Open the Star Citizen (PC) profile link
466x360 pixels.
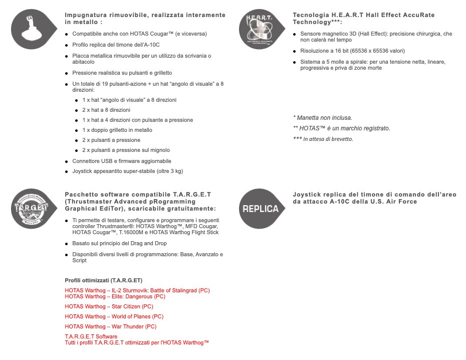109,306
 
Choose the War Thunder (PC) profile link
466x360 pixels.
110,326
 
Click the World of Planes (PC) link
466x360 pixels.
114,316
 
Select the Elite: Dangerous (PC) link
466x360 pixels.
115,296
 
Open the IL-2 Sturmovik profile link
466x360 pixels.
137,290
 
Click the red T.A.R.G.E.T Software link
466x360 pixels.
91,336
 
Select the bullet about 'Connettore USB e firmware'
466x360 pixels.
122,161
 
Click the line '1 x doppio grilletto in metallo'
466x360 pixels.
117,130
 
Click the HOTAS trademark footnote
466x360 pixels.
341,128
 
